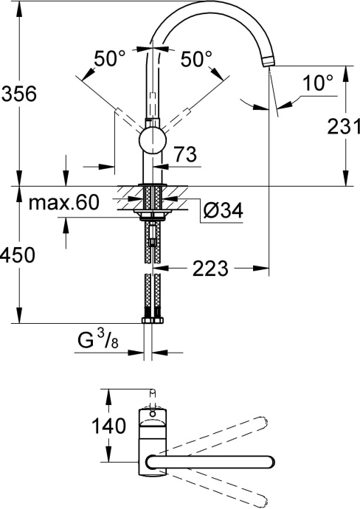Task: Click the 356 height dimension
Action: pos(18,94)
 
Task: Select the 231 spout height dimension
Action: pos(342,126)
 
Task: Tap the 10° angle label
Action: pos(318,84)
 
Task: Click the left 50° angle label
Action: pos(111,59)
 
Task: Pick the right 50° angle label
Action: pos(196,59)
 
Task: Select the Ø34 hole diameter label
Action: pos(222,212)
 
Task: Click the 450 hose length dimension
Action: pos(18,254)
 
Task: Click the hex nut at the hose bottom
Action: pos(152,320)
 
